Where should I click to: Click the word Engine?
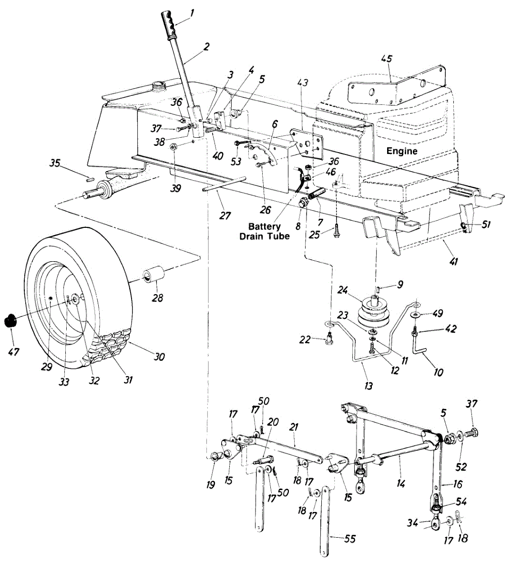pyautogui.click(x=401, y=151)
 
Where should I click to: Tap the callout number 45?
pyautogui.click(x=387, y=59)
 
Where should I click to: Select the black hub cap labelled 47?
pyautogui.click(x=10, y=320)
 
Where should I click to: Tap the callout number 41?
pyautogui.click(x=453, y=261)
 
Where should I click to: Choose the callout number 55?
pyautogui.click(x=349, y=539)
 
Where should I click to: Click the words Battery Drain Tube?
pyautogui.click(x=264, y=231)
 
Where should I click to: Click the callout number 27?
pyautogui.click(x=225, y=216)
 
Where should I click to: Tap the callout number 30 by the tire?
pyautogui.click(x=159, y=357)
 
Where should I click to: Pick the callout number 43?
pyautogui.click(x=303, y=82)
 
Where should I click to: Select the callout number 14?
pyautogui.click(x=400, y=484)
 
